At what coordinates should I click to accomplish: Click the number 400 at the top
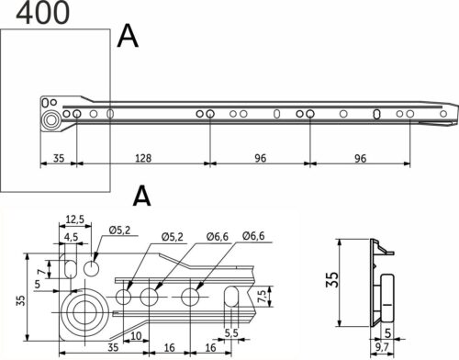(x=39, y=13)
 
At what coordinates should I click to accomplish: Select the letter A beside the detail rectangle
(x=129, y=36)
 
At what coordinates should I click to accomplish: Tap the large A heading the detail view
(x=141, y=196)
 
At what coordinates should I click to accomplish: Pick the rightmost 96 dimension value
(x=359, y=159)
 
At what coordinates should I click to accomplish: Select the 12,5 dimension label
(x=76, y=219)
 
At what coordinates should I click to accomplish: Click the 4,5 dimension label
(x=71, y=236)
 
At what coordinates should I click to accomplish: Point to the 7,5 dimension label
(x=263, y=297)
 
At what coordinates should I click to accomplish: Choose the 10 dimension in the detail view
(x=136, y=336)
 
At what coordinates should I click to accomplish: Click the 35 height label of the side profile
(x=331, y=281)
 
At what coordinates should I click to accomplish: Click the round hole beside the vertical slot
(x=93, y=268)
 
